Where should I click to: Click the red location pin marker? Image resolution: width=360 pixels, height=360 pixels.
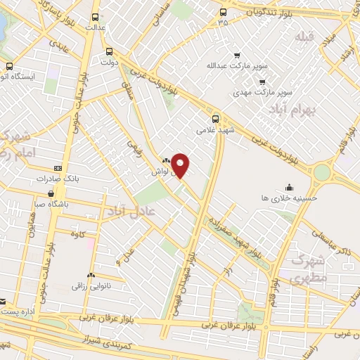click(x=181, y=165)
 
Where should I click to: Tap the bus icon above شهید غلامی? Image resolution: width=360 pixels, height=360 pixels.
click(x=215, y=118)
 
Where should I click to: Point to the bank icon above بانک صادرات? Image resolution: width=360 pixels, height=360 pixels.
click(x=58, y=169)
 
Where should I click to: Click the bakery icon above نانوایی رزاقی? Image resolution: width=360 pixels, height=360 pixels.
click(x=90, y=275)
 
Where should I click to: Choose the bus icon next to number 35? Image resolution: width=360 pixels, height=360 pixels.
click(x=223, y=12)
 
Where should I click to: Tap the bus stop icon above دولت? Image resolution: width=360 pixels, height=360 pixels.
click(x=108, y=51)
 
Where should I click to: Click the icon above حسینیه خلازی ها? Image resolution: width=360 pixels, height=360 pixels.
click(x=289, y=186)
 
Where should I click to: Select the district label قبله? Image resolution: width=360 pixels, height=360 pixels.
click(x=304, y=37)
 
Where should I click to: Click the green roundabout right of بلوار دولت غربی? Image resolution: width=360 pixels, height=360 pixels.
click(x=323, y=172)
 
